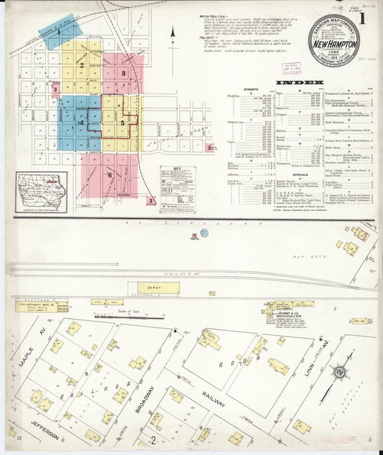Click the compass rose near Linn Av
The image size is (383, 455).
[338, 372]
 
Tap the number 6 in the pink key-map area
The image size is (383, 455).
[110, 174]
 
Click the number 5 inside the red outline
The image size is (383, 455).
[122, 123]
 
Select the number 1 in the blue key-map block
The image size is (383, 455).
[59, 32]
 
